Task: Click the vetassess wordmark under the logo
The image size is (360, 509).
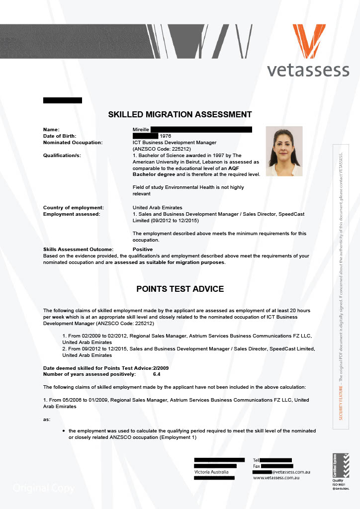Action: click(308, 70)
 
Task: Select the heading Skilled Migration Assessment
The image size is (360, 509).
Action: click(180, 114)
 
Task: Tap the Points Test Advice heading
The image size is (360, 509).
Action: click(180, 289)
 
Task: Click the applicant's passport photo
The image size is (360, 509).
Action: click(284, 151)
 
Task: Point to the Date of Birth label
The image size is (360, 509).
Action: click(62, 136)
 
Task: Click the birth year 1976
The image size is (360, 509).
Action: click(165, 136)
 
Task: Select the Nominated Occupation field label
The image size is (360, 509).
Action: click(73, 142)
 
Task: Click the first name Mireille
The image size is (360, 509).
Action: click(141, 129)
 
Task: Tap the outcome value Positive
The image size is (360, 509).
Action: click(143, 249)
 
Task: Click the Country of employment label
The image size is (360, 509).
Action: click(74, 207)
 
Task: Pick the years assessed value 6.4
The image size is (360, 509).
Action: click(157, 374)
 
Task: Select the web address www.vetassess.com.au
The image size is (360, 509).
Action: click(275, 478)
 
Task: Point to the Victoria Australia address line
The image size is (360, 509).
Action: click(211, 471)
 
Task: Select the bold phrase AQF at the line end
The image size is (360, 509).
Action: click(254, 168)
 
